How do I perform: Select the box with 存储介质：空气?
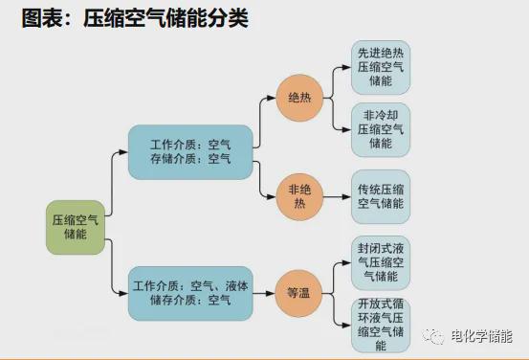(x=190, y=151)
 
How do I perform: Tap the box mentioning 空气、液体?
(x=190, y=293)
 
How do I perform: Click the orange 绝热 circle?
(x=299, y=97)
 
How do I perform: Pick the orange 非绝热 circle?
(x=299, y=197)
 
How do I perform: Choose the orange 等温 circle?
(x=298, y=293)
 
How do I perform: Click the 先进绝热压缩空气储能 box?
(x=381, y=67)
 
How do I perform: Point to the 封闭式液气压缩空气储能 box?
(x=381, y=260)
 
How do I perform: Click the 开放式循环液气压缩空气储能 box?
(x=381, y=323)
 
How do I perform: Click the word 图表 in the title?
(x=39, y=18)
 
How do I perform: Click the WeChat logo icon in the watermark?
(x=436, y=336)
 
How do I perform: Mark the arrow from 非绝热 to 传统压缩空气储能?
(x=336, y=197)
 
